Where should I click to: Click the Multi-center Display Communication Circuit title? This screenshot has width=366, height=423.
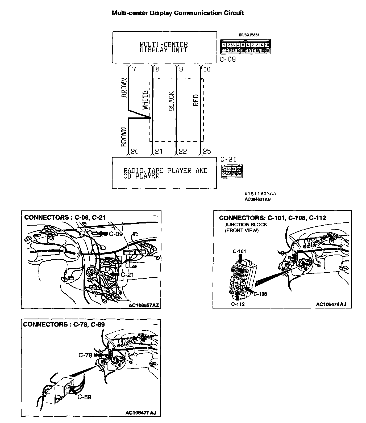click(178, 13)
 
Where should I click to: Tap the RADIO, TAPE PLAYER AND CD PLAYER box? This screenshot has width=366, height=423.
click(164, 173)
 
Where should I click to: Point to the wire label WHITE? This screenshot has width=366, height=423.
click(145, 100)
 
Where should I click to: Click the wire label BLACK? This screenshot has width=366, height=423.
click(172, 101)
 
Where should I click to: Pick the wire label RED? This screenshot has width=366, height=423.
click(196, 100)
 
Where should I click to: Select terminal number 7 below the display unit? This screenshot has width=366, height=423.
click(134, 69)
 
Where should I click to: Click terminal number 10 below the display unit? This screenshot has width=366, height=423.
click(207, 69)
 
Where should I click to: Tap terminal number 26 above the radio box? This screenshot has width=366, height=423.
click(135, 151)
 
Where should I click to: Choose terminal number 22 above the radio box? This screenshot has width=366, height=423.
click(183, 151)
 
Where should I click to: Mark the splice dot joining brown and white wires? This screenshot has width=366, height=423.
click(150, 118)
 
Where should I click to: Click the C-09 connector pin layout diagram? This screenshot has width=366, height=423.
click(245, 47)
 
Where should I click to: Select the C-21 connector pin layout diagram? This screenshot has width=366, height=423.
click(232, 171)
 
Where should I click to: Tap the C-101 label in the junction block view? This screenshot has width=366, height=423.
click(239, 251)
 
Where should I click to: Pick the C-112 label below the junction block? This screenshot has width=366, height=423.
click(238, 304)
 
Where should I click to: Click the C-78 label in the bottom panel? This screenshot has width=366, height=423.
click(85, 355)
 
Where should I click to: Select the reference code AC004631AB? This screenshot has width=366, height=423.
click(257, 199)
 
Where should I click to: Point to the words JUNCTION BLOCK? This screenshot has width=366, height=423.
click(246, 225)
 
